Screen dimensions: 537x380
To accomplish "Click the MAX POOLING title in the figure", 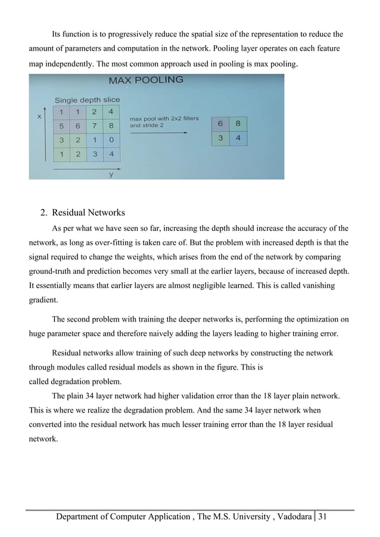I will pos(145,80).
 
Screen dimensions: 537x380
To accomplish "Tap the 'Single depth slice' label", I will pos(87,100).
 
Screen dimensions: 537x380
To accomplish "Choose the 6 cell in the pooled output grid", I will pos(221,124).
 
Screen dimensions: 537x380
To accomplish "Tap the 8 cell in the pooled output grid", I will pos(238,124).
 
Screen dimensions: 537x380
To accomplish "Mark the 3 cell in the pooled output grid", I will pos(221,138).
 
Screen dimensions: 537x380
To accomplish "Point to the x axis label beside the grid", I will pos(39,117).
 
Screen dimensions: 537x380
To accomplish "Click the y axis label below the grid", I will pos(111,174).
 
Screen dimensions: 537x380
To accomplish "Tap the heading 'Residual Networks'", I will pos(88,212).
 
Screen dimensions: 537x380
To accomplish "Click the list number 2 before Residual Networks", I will pos(43,212).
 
